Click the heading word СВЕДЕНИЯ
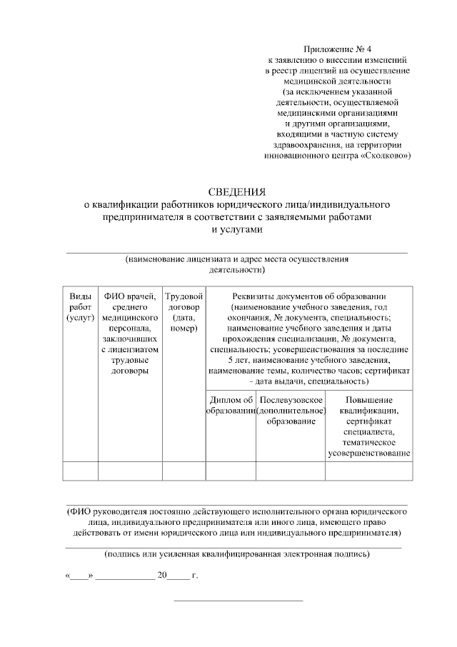coord(236,192)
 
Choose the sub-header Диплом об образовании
coord(231,406)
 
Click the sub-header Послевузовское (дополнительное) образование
coord(291,411)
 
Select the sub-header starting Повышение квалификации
coord(368,426)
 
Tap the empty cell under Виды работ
coord(80,471)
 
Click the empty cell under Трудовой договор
coord(184,471)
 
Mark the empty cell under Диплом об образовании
coord(231,471)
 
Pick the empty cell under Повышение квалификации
coord(368,471)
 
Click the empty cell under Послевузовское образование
coord(291,471)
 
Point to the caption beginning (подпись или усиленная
coord(236,553)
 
